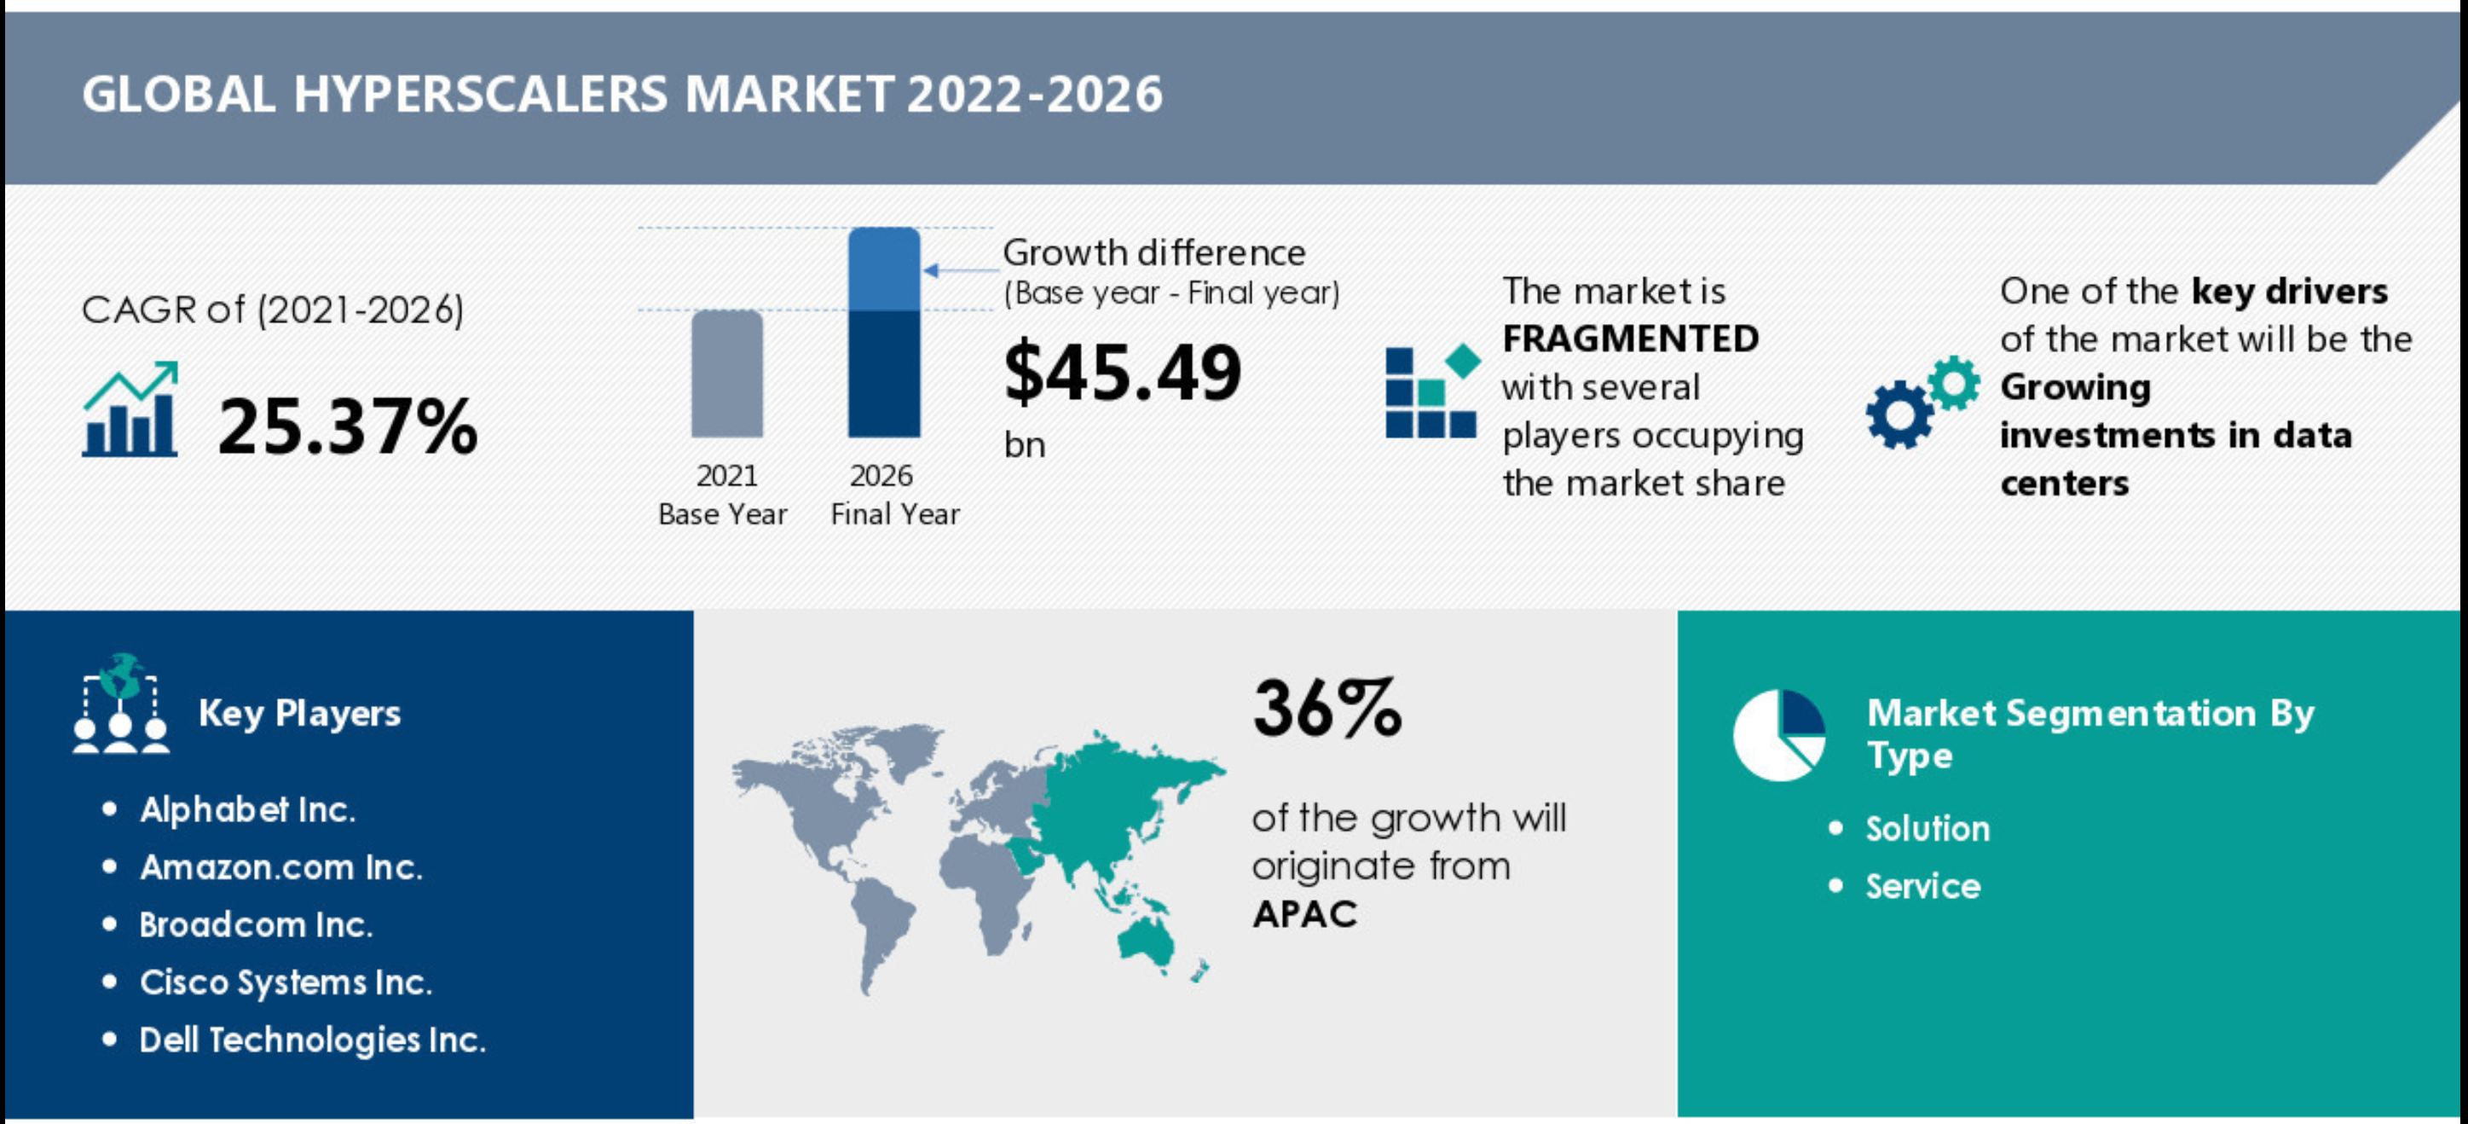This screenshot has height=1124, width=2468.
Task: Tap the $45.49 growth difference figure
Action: point(1122,373)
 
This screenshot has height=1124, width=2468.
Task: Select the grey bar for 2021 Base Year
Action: point(727,374)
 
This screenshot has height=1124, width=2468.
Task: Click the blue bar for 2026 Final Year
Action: point(883,333)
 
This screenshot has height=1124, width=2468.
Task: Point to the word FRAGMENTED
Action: point(1630,339)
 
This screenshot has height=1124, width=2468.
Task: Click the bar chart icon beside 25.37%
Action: point(130,409)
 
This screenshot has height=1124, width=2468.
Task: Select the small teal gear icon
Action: point(1954,383)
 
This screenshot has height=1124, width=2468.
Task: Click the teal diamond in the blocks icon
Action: point(1463,362)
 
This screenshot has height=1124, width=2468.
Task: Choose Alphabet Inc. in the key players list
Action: point(247,809)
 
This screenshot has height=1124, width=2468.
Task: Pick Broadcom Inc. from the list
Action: point(256,924)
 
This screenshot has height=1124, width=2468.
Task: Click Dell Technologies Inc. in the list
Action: point(312,1040)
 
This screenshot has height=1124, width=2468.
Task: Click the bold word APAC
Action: point(1305,914)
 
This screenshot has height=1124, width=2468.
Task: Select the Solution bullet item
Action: point(1928,829)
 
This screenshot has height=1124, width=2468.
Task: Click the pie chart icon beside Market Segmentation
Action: point(1779,735)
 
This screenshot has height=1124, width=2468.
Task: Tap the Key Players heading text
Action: point(299,713)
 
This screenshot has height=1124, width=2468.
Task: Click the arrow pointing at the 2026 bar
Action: point(961,270)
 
